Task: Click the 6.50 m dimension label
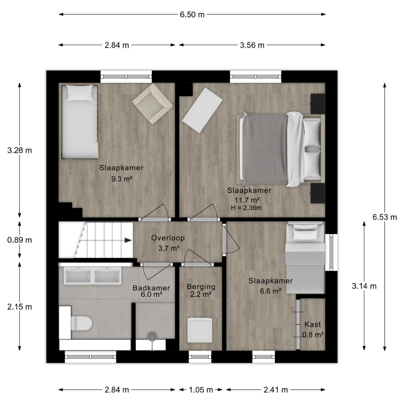[192, 14]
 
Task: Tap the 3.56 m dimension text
[252, 45]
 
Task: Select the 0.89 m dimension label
[19, 240]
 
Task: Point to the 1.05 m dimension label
[201, 390]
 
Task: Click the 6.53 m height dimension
[385, 217]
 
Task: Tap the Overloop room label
[168, 238]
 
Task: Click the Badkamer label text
[151, 288]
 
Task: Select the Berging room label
[201, 287]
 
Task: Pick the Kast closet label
[313, 324]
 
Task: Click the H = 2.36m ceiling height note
[246, 208]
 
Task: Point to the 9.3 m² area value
[121, 179]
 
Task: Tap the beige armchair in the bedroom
[152, 104]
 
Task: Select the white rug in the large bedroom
[203, 110]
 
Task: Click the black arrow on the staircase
[128, 240]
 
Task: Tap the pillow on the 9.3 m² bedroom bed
[80, 93]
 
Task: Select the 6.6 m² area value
[271, 291]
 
